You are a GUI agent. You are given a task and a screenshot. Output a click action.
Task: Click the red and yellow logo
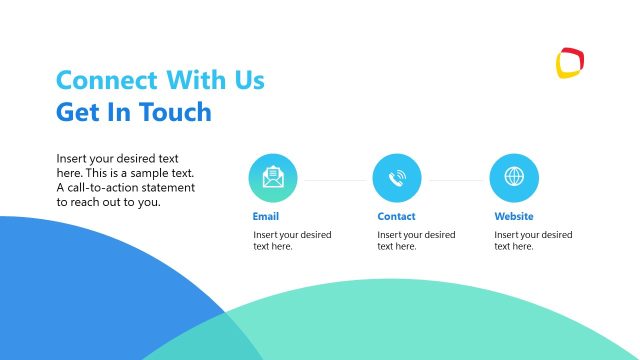pyautogui.click(x=570, y=62)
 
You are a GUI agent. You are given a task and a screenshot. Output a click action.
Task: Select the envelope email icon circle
pyautogui.click(x=273, y=178)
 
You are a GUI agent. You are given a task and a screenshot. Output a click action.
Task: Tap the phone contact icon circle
pyautogui.click(x=397, y=178)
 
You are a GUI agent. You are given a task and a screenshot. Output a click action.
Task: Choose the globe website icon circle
pyautogui.click(x=514, y=178)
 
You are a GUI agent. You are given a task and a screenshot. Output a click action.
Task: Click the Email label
pyautogui.click(x=266, y=216)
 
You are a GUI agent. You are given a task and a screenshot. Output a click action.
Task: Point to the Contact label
pyautogui.click(x=396, y=216)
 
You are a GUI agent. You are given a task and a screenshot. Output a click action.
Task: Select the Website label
pyautogui.click(x=514, y=216)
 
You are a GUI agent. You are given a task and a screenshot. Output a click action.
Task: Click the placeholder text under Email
pyautogui.click(x=292, y=241)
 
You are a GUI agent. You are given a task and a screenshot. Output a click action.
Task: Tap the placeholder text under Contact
pyautogui.click(x=416, y=241)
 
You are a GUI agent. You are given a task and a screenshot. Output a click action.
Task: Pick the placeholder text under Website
pyautogui.click(x=533, y=241)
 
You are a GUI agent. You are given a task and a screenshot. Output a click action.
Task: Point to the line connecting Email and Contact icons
pyautogui.click(x=335, y=180)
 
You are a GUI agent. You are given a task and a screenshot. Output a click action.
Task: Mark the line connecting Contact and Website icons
pyautogui.click(x=456, y=180)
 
